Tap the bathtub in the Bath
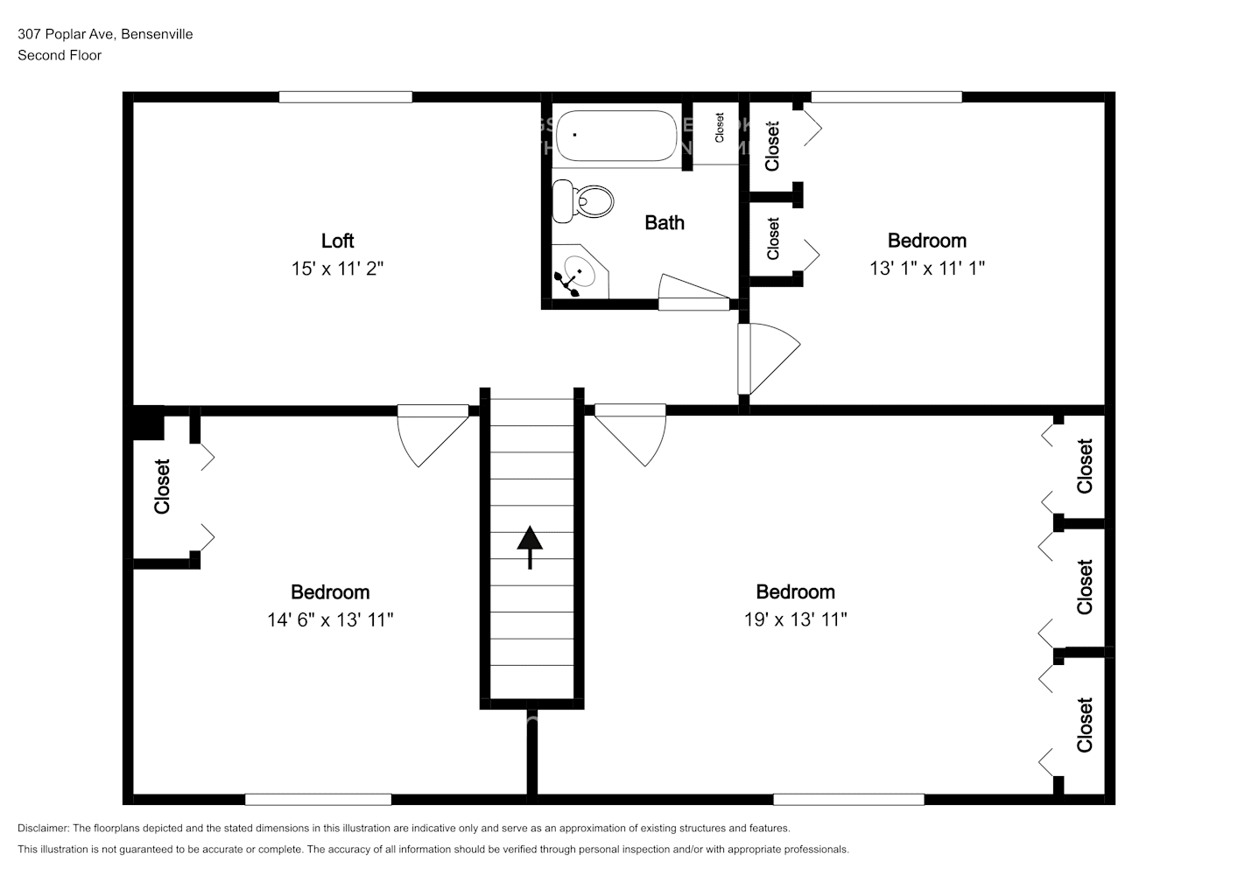pyautogui.click(x=617, y=136)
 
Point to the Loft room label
pyautogui.click(x=337, y=241)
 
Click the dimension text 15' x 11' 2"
pyautogui.click(x=337, y=269)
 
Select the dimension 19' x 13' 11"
pyautogui.click(x=795, y=619)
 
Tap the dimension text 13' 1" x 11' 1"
pyautogui.click(x=926, y=269)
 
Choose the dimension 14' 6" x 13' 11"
pyautogui.click(x=330, y=619)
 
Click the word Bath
pyautogui.click(x=665, y=223)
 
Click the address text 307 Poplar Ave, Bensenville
pyautogui.click(x=105, y=34)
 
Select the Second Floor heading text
pyautogui.click(x=60, y=55)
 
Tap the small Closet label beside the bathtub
pyautogui.click(x=720, y=128)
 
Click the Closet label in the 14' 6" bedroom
pyautogui.click(x=162, y=486)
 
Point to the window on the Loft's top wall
pyautogui.click(x=345, y=97)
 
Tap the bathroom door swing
pyautogui.click(x=693, y=292)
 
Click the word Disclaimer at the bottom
pyautogui.click(x=43, y=828)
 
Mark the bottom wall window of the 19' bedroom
pyautogui.click(x=848, y=799)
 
